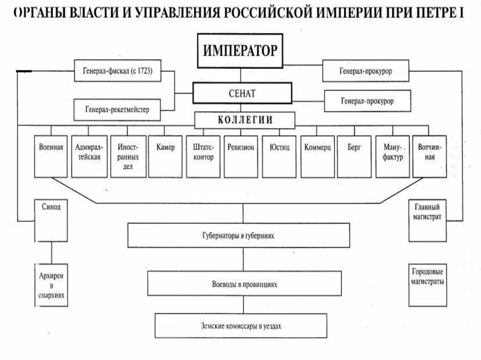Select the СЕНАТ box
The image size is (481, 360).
pos(242,93)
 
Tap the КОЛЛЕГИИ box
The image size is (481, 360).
pos(245,120)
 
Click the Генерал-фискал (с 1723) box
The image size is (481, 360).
pos(117,72)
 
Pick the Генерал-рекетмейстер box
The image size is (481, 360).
pos(117,109)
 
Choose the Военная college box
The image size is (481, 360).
pos(51,156)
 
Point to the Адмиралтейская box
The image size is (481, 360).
pos(89,156)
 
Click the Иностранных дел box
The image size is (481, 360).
pos(128,156)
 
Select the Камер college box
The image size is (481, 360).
pos(165,156)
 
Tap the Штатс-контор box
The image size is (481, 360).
pos(203,156)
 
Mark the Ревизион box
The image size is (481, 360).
pos(240,156)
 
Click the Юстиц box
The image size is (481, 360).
pos(279,156)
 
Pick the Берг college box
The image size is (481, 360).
pos(354,156)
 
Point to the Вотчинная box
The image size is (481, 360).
pos(429,156)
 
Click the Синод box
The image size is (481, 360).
pos(51,220)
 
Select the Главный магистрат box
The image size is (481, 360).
pos(427,220)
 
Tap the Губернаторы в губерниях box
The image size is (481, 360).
pos(239,235)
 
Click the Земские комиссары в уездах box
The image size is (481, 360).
pos(240,325)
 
